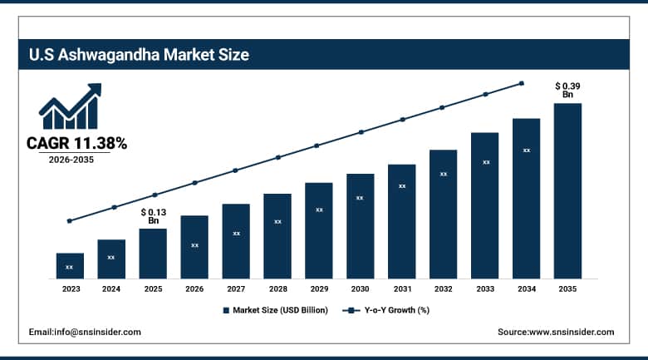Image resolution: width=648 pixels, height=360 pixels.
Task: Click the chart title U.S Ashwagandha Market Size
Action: pos(138,56)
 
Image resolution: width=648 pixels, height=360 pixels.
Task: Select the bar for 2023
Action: pos(70,266)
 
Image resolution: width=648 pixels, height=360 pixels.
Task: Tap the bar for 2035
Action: pos(568,191)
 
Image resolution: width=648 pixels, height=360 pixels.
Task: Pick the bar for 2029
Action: pos(319,230)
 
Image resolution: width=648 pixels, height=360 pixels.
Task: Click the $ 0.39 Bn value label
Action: pos(568,90)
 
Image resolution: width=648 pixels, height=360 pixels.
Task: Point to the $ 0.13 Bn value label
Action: pos(153,216)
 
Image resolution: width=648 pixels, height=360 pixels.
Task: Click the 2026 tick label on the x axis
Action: pos(194,289)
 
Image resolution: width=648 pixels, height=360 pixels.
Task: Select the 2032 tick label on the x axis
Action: pos(444,289)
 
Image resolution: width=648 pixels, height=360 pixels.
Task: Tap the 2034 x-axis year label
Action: pos(527,289)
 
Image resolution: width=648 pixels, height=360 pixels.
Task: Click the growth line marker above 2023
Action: pos(70,221)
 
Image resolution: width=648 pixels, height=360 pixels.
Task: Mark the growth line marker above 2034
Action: pos(522,83)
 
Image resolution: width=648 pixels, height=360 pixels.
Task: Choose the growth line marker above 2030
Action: pos(361,132)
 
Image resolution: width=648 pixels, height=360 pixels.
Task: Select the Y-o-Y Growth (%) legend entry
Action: pos(386,310)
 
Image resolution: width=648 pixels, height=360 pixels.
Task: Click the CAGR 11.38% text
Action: pos(76,144)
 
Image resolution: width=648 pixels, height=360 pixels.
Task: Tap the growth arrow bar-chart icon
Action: pos(70,106)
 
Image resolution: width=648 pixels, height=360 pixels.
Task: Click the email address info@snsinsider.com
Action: pos(85,332)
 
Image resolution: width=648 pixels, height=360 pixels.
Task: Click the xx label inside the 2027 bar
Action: pos(236,234)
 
